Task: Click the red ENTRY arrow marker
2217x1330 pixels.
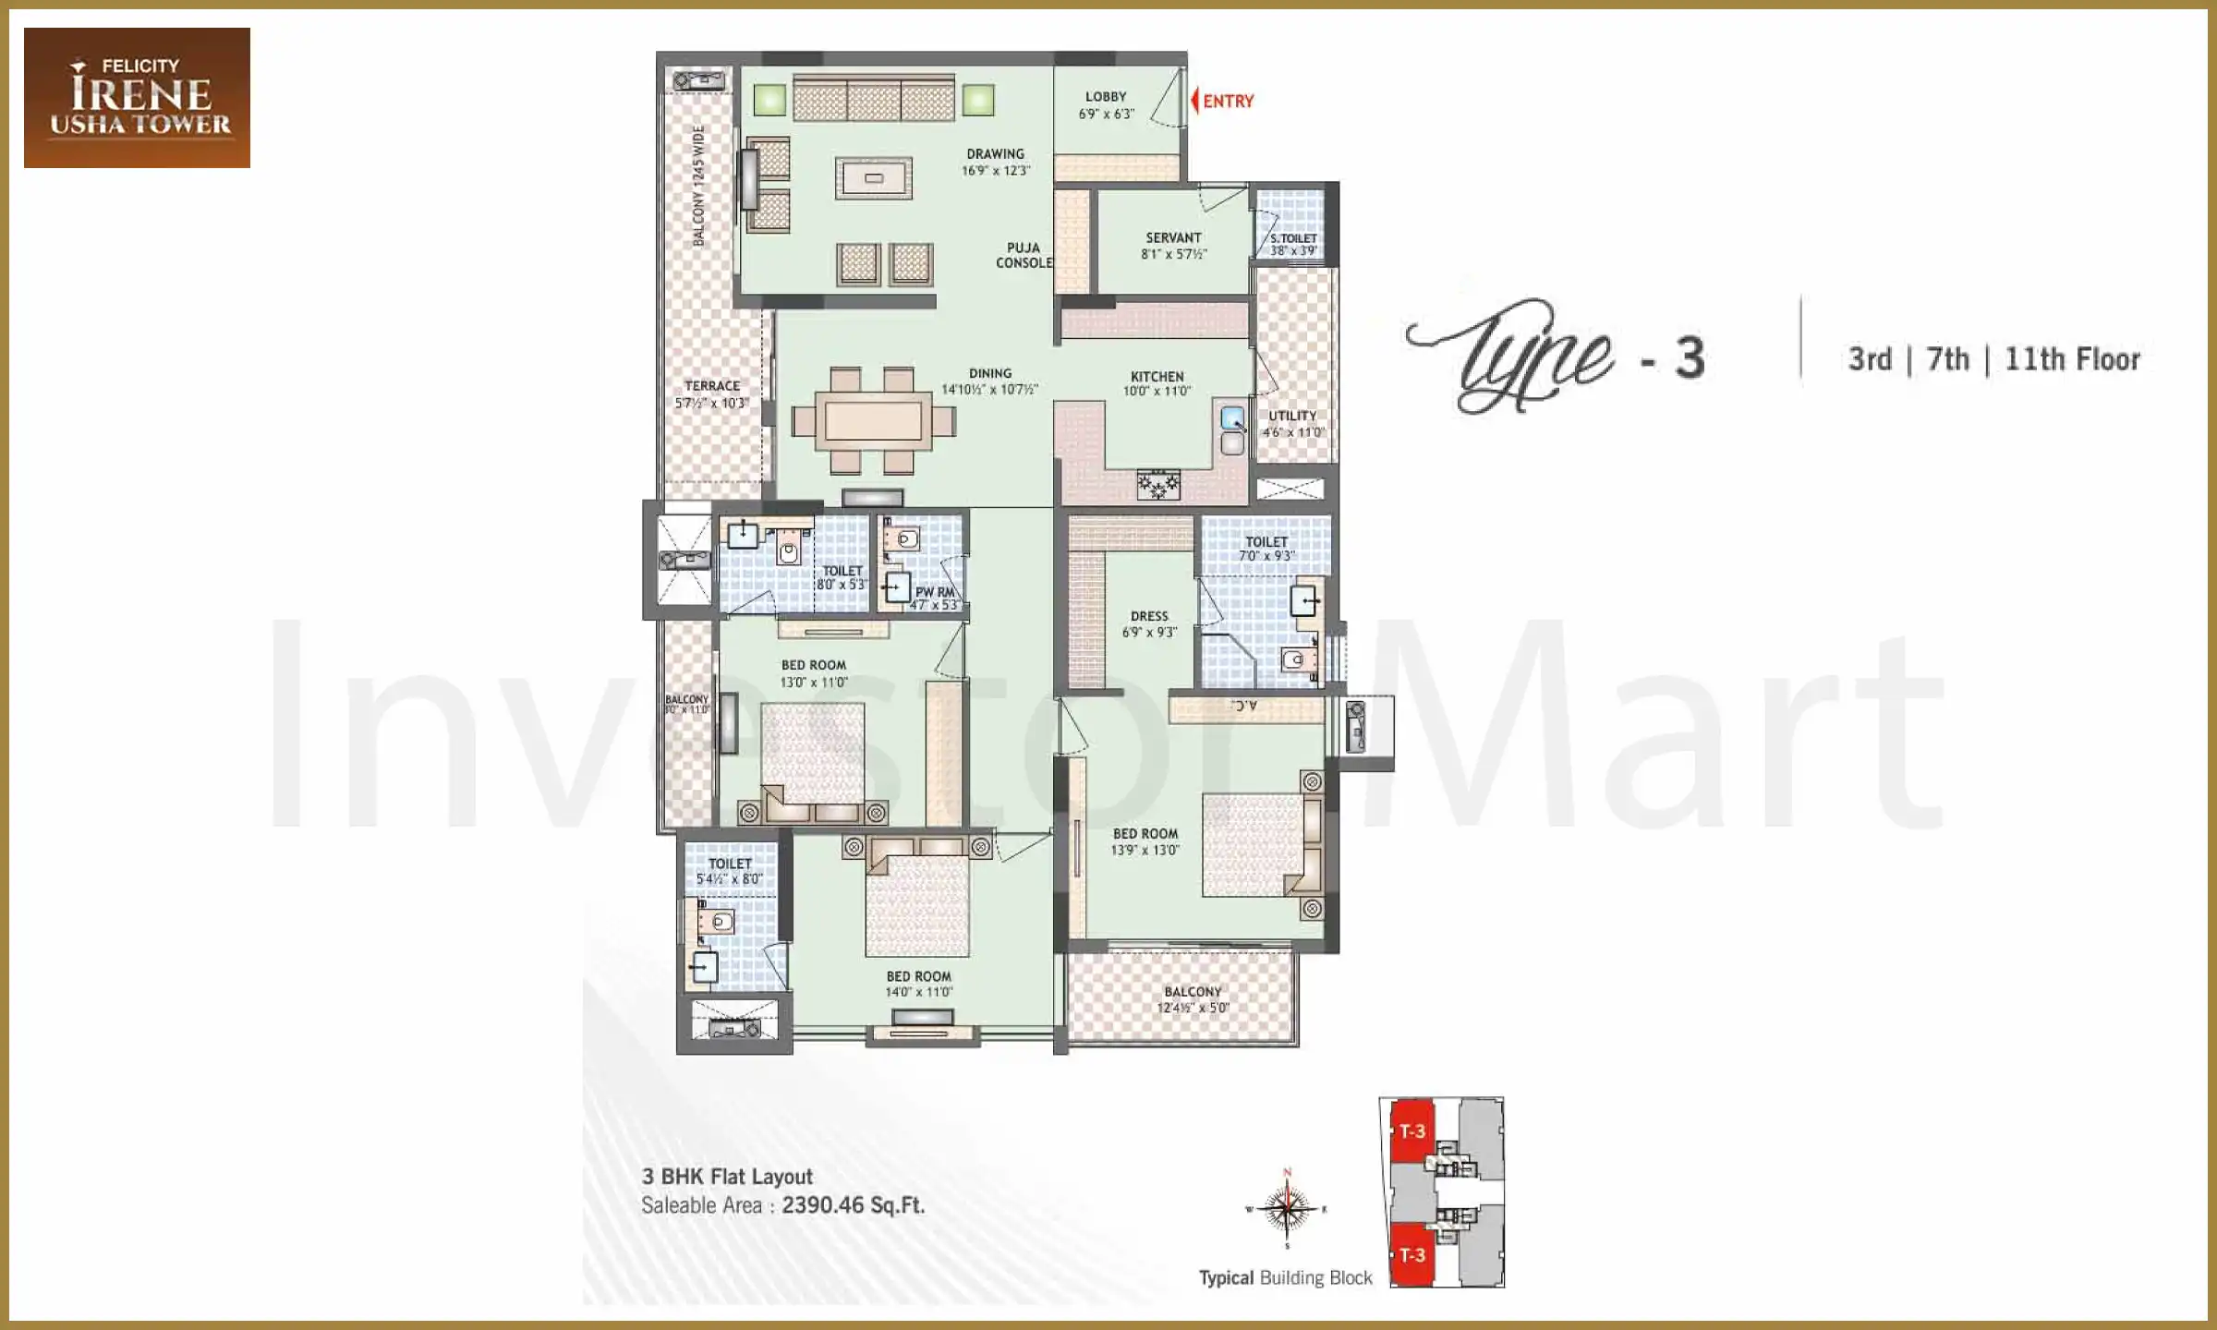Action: (x=1195, y=101)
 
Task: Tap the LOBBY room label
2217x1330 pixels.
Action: (x=1106, y=97)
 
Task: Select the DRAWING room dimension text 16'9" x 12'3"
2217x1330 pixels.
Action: (x=995, y=171)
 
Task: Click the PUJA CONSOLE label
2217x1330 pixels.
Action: (x=1024, y=256)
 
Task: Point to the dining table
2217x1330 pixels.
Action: (x=873, y=421)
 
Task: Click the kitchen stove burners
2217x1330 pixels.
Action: (x=1158, y=484)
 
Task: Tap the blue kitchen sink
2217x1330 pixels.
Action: (x=1232, y=418)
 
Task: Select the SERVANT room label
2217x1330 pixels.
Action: (x=1173, y=237)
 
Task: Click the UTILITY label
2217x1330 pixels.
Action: (x=1292, y=416)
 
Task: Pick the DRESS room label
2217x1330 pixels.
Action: (x=1149, y=616)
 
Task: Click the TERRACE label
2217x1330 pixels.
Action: (x=711, y=386)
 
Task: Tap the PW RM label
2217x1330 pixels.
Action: (x=934, y=592)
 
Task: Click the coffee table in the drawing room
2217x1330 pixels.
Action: (x=874, y=178)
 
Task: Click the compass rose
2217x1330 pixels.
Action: (x=1287, y=1209)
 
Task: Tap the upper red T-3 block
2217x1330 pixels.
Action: (x=1411, y=1131)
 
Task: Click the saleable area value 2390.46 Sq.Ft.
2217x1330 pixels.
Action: (x=853, y=1205)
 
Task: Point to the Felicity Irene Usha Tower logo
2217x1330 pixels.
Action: (x=137, y=97)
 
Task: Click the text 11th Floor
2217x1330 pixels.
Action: (x=2072, y=359)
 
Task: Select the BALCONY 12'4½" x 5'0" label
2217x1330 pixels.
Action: (x=1193, y=999)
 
